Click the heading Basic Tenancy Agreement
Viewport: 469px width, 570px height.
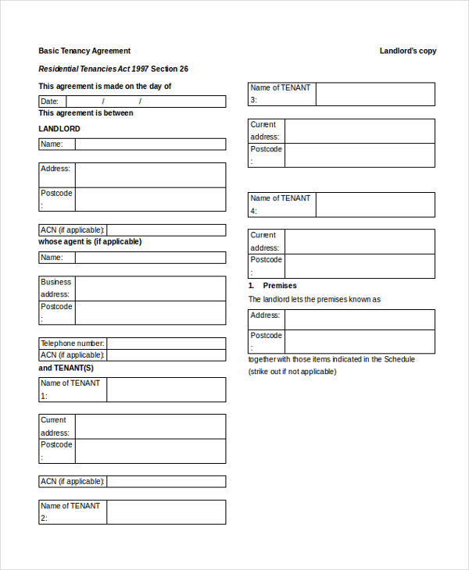[84, 51]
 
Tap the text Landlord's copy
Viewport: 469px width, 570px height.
[408, 51]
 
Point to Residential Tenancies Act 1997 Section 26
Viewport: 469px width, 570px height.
[113, 69]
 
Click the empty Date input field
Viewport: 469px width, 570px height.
[145, 102]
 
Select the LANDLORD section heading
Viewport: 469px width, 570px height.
[59, 129]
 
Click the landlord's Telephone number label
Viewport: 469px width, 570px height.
[72, 344]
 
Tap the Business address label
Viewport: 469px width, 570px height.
[56, 288]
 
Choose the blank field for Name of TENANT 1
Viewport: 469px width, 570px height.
[166, 390]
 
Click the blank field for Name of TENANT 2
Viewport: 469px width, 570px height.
[166, 512]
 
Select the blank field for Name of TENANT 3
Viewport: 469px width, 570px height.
[375, 94]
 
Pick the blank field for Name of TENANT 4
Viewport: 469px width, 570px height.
[375, 205]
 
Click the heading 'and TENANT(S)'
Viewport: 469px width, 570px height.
[66, 368]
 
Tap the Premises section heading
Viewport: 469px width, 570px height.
[279, 286]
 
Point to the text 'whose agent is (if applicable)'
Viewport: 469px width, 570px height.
[90, 242]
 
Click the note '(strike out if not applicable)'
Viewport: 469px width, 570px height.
[292, 372]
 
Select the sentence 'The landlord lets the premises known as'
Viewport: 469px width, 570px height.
[314, 299]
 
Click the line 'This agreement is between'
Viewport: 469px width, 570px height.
[86, 113]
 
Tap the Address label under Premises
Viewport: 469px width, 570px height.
[266, 315]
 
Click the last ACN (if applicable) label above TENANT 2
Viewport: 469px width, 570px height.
[72, 481]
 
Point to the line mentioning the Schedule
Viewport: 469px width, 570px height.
[331, 359]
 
